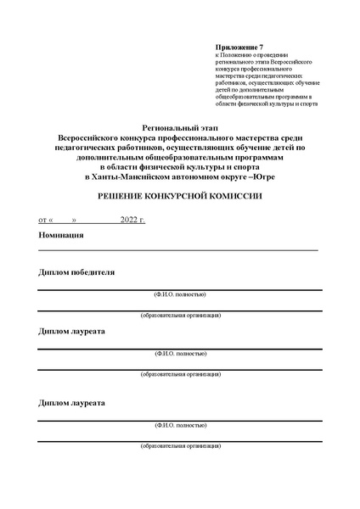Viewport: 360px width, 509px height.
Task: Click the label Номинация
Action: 61,235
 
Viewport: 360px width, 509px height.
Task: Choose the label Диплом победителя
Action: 77,272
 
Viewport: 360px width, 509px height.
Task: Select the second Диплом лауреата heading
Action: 72,403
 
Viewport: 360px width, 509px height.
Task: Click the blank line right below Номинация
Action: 178,250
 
